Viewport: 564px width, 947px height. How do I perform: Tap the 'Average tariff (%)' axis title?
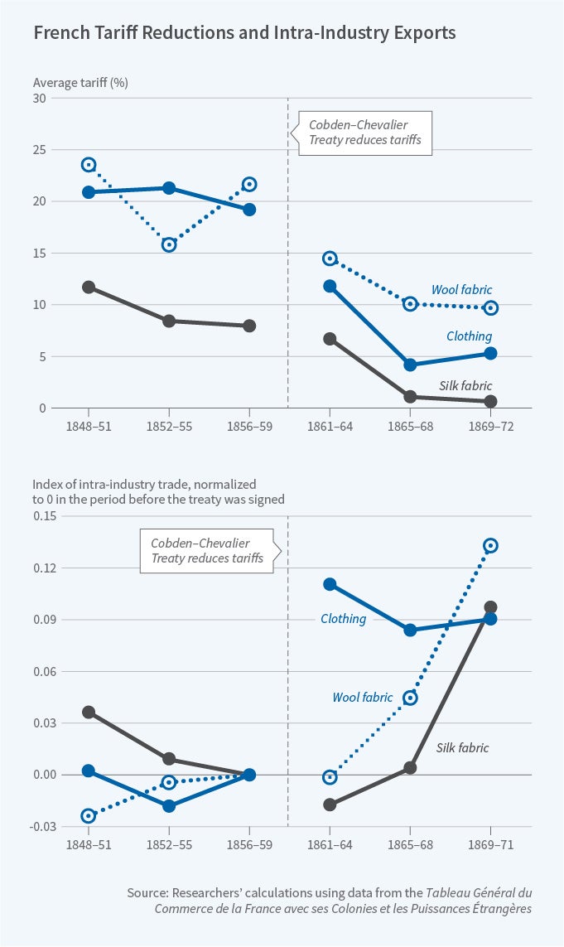[x=80, y=83]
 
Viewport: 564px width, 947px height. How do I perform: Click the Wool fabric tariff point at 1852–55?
[x=169, y=244]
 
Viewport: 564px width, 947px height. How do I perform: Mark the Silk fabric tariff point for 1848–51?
[x=89, y=287]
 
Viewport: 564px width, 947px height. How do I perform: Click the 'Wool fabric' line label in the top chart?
[x=461, y=290]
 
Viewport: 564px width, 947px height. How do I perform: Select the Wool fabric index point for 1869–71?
[x=490, y=545]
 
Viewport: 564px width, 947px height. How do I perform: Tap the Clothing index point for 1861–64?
[x=330, y=584]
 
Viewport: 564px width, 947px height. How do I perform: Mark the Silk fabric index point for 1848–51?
[x=89, y=712]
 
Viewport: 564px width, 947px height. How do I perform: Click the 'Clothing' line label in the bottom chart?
[x=343, y=619]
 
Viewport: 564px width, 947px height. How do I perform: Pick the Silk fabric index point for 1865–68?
[x=410, y=767]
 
